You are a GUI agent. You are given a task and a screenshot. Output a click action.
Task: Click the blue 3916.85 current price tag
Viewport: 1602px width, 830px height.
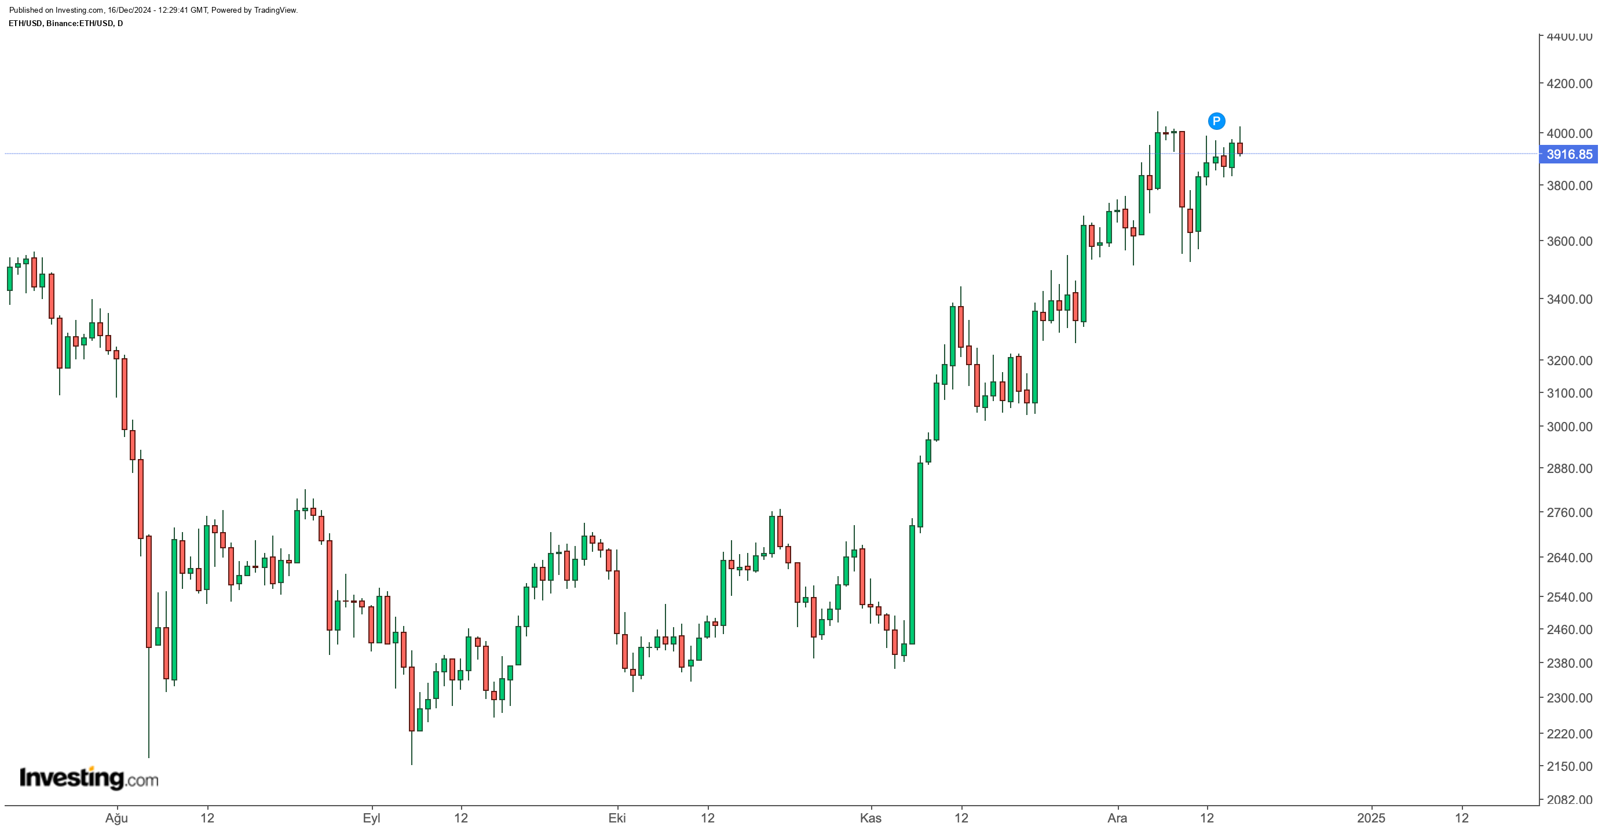tap(1568, 154)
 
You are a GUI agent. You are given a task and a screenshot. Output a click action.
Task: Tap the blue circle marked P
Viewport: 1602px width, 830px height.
tap(1216, 121)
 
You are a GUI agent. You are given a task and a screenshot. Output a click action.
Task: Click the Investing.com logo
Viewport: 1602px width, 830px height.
tap(89, 778)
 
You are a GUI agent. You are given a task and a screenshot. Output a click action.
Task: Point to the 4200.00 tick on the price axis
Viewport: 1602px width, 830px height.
tap(1569, 83)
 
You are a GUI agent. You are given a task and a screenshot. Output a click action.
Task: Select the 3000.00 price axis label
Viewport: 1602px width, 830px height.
tap(1569, 427)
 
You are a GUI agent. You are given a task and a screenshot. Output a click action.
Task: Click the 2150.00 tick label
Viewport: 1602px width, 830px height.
tap(1569, 767)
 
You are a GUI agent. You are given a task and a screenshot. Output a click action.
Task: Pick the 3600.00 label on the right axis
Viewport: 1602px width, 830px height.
tap(1569, 242)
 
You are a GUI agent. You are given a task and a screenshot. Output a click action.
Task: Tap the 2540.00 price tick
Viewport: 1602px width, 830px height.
tap(1569, 598)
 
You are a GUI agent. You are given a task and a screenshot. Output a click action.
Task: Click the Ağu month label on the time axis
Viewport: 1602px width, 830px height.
tap(116, 818)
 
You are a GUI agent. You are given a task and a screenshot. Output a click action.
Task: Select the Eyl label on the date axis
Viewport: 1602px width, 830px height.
tap(371, 818)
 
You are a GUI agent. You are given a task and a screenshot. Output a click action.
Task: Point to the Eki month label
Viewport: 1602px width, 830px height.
tap(617, 818)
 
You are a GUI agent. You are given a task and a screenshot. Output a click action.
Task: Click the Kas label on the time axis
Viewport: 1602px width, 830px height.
tap(871, 818)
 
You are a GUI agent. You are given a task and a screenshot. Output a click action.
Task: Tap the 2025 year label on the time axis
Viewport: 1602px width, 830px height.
tap(1371, 818)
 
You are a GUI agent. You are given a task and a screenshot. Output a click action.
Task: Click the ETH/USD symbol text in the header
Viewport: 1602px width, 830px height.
tap(25, 24)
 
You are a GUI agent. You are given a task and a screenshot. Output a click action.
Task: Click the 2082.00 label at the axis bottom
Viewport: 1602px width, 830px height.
tap(1569, 799)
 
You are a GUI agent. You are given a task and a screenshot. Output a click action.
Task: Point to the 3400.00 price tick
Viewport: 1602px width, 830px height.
tap(1569, 299)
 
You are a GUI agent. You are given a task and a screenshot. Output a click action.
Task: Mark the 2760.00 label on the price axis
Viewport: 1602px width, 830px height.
tap(1569, 513)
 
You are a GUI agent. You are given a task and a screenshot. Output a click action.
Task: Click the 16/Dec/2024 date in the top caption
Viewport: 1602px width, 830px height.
tap(127, 10)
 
